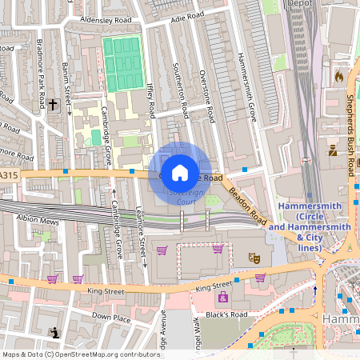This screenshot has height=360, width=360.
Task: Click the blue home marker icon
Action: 180,172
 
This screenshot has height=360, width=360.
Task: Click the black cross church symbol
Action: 54,104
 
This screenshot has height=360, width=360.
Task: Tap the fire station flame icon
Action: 338,77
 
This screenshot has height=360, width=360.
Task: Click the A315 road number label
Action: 8,174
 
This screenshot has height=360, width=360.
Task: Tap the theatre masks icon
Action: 255,257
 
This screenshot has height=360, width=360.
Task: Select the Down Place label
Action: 110,318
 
